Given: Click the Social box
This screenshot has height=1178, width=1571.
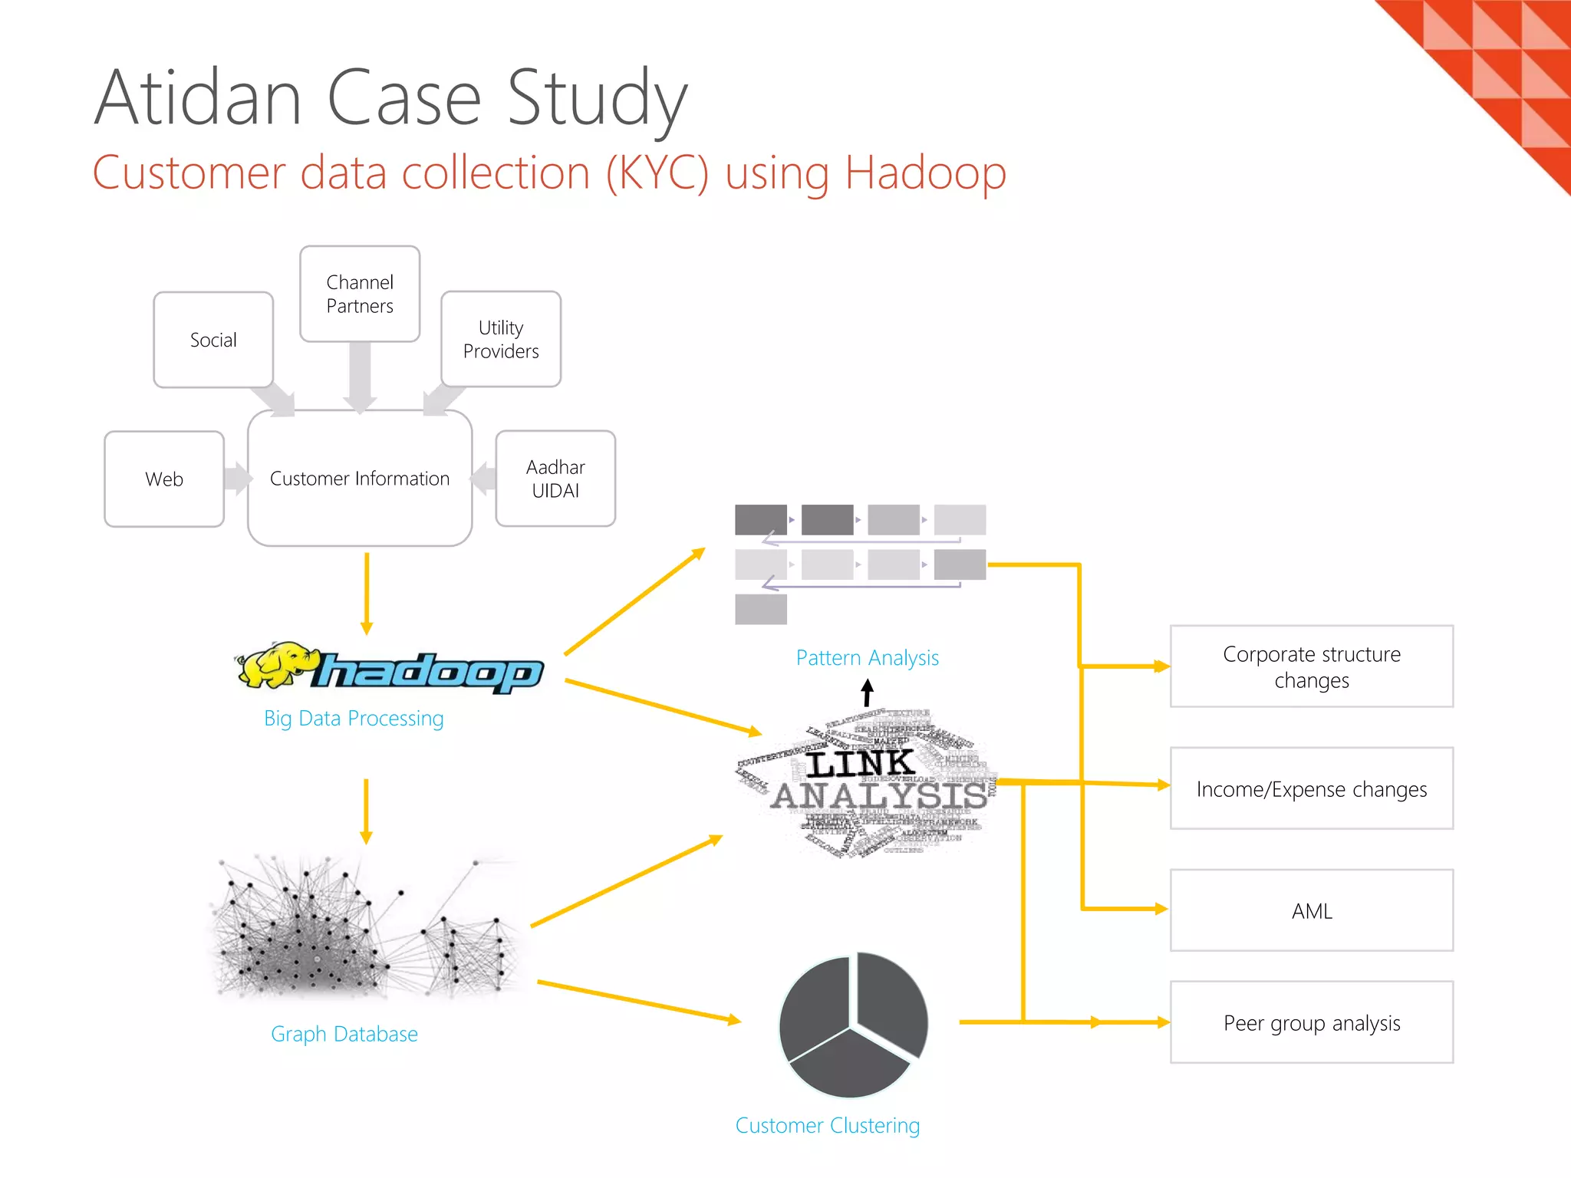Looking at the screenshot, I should tap(213, 340).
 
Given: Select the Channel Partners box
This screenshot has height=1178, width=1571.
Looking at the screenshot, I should tap(360, 294).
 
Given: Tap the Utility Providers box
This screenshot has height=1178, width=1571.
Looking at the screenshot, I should tap(501, 339).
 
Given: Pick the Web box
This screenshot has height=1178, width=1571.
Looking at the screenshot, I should tap(164, 479).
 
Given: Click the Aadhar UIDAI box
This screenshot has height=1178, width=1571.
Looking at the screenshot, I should tap(555, 479).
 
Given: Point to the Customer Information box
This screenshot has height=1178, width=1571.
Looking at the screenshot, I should tap(360, 479).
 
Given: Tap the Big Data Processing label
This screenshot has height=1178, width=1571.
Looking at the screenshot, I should tap(354, 719).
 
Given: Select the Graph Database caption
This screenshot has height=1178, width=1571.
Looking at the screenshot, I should tap(344, 1034).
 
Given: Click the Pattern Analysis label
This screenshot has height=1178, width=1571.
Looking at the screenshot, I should tap(867, 658).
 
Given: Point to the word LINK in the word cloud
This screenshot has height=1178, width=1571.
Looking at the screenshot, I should tap(860, 763).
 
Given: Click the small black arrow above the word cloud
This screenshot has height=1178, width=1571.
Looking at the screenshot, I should tap(868, 692).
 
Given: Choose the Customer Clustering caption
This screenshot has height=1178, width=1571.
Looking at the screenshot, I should tap(827, 1125).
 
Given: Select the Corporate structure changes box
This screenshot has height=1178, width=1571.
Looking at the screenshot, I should tap(1311, 666).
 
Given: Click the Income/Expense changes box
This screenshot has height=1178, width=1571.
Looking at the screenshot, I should tap(1311, 788).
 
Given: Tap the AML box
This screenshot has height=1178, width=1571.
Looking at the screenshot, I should tap(1311, 910).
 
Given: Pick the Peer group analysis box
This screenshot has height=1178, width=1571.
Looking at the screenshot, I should tap(1311, 1022).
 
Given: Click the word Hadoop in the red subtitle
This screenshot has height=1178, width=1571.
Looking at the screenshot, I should tap(925, 173).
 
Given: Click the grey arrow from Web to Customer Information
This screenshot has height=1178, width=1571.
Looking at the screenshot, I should tap(238, 479).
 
